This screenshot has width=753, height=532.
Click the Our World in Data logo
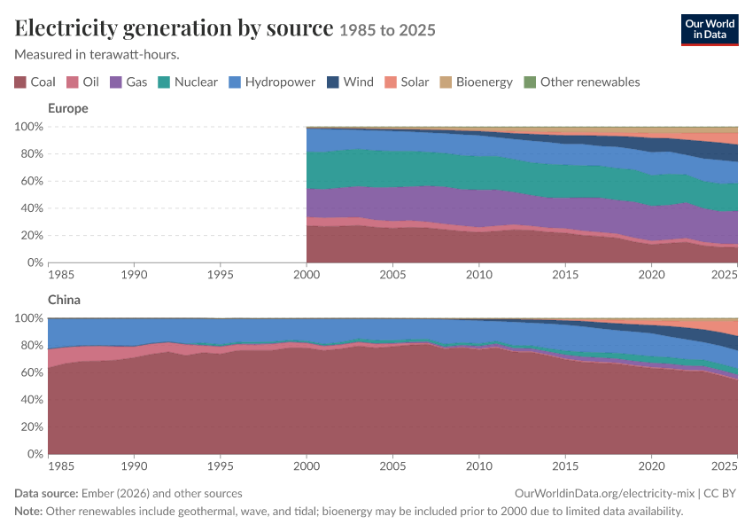[710, 30]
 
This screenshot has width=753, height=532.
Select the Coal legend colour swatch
[20, 82]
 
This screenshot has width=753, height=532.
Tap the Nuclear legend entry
[188, 82]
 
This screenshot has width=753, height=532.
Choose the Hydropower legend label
[280, 82]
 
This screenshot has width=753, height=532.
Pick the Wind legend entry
[350, 82]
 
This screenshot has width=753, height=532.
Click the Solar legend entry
[407, 82]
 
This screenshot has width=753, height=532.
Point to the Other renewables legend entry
[582, 82]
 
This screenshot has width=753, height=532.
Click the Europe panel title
[68, 108]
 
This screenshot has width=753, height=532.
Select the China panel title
[64, 300]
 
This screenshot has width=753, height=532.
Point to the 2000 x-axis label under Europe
[307, 274]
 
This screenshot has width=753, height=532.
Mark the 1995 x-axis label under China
[220, 466]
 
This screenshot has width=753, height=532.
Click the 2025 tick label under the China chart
[724, 466]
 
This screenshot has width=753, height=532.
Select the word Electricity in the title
[66, 27]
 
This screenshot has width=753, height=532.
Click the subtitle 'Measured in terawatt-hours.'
[97, 55]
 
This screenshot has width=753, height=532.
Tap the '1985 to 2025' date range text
[387, 30]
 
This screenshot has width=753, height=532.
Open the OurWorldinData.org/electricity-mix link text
[604, 494]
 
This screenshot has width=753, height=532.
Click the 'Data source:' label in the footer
[46, 494]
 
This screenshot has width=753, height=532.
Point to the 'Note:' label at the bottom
[28, 511]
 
